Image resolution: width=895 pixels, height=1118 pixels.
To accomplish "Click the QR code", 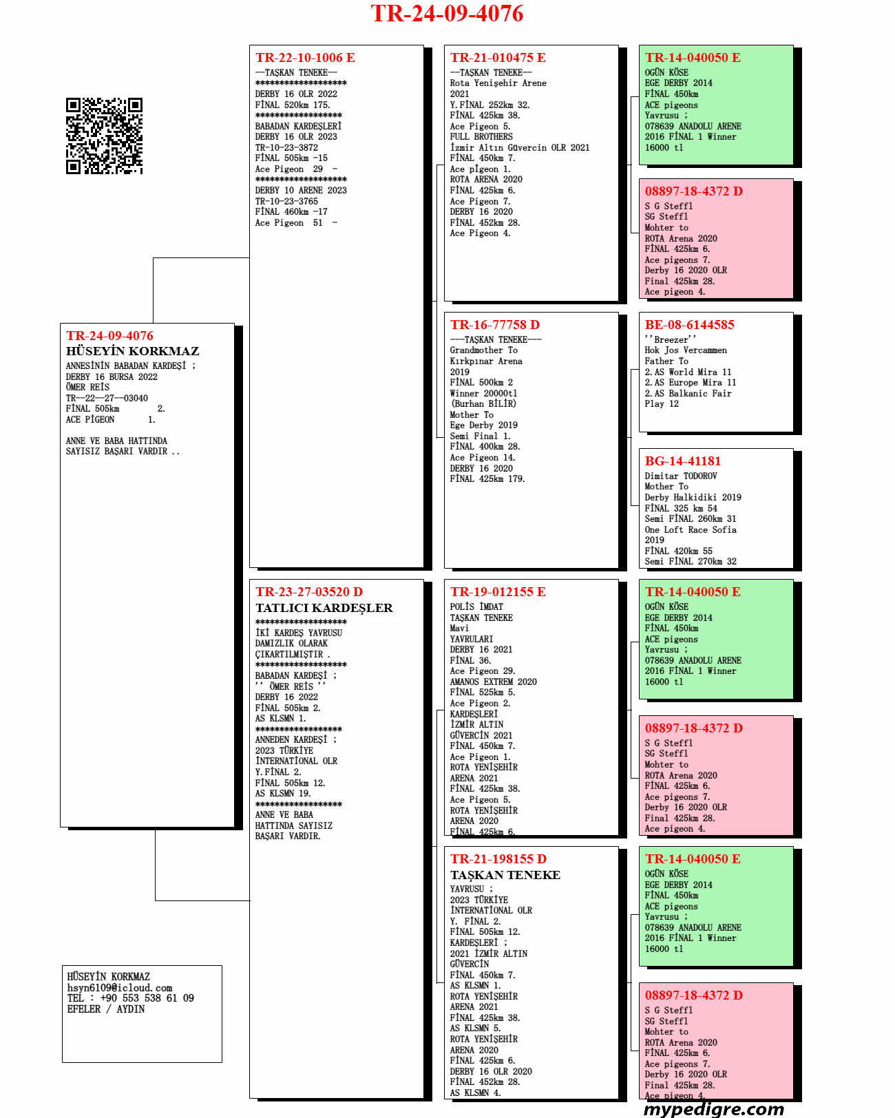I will tap(104, 136).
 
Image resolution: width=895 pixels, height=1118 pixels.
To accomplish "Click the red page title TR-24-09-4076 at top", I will tap(447, 14).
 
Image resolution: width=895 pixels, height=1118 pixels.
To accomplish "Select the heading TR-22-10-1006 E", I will tap(305, 58).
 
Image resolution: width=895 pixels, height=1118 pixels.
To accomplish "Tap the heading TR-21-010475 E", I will tap(498, 58).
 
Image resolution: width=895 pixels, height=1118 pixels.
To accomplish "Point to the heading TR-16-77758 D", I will tap(495, 325).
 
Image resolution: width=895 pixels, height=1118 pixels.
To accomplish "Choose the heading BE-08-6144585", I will tap(689, 325).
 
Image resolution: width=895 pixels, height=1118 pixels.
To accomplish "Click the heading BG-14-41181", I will tap(682, 461).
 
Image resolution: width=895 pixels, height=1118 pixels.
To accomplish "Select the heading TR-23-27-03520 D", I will tap(309, 592).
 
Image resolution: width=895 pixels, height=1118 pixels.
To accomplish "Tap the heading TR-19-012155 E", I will tap(498, 592).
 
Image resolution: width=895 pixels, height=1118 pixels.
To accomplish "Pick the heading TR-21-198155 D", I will tap(498, 859).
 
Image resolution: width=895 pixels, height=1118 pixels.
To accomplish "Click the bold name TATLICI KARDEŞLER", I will tap(324, 608).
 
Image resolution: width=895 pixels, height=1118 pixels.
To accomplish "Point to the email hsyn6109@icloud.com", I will tap(120, 988).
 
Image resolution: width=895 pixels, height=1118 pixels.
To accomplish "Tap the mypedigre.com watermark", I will tap(713, 1108).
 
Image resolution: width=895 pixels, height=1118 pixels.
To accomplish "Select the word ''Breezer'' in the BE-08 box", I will tap(670, 339).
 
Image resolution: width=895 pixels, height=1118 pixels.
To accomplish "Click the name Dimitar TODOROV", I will tap(681, 476).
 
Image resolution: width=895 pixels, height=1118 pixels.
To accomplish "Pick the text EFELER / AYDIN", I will tap(106, 1009).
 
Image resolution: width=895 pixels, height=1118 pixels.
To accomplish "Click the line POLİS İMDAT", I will tap(476, 607).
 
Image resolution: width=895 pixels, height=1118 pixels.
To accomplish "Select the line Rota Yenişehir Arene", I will tap(498, 83).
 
